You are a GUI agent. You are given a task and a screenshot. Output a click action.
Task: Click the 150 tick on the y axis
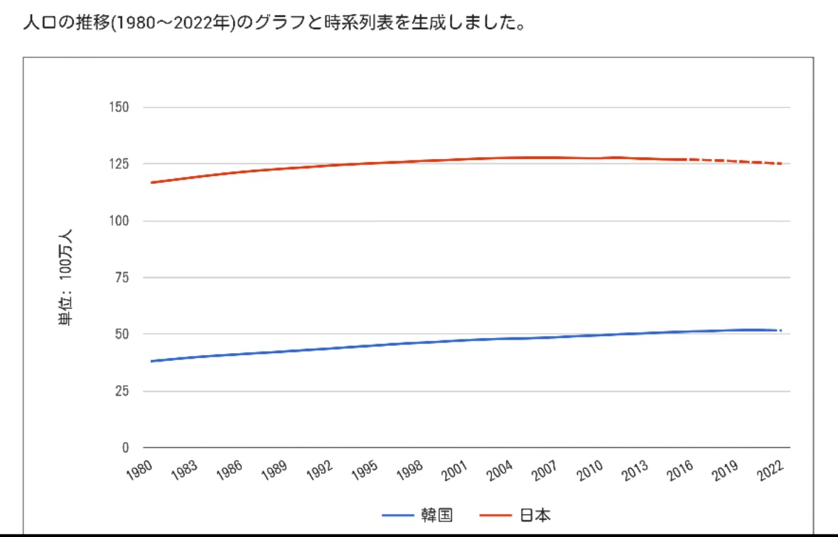(x=119, y=107)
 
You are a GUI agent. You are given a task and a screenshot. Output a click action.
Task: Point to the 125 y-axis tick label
(x=119, y=164)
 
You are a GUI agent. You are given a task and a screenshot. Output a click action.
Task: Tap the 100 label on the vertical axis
(x=119, y=221)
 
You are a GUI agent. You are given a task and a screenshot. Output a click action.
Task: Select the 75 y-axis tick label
(x=122, y=278)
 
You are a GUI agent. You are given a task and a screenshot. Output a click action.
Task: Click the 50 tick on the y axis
(x=122, y=334)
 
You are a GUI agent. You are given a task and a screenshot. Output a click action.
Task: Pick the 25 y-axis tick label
(x=122, y=391)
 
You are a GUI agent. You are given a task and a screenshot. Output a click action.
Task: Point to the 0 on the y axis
(x=125, y=447)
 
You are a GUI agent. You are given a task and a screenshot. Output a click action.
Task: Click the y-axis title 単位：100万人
(x=66, y=277)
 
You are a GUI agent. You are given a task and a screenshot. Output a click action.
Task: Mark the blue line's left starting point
(x=151, y=361)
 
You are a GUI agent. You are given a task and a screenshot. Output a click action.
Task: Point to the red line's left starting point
(x=151, y=183)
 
